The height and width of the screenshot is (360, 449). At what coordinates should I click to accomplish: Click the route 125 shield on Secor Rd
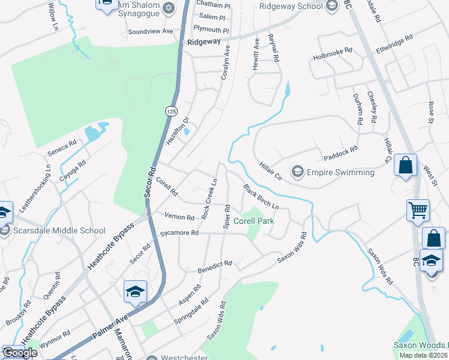click(x=171, y=112)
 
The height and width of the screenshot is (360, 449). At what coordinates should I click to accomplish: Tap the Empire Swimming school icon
click(x=297, y=172)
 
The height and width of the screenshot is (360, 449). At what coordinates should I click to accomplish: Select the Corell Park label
click(x=254, y=221)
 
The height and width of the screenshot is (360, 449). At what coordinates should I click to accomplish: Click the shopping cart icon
click(x=418, y=211)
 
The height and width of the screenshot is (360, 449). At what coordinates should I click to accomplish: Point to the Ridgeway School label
click(x=291, y=6)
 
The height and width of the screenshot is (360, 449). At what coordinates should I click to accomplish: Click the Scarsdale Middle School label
click(x=58, y=230)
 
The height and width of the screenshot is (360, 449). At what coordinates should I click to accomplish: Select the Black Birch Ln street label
click(x=262, y=196)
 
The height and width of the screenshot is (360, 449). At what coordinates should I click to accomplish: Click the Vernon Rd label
click(x=179, y=217)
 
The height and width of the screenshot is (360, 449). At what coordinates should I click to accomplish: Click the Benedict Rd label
click(x=215, y=267)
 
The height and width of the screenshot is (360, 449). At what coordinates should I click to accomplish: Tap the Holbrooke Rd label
click(x=333, y=55)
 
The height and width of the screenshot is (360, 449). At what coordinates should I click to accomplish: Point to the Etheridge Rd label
click(x=394, y=45)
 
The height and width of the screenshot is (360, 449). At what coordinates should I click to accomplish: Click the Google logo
click(x=20, y=352)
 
